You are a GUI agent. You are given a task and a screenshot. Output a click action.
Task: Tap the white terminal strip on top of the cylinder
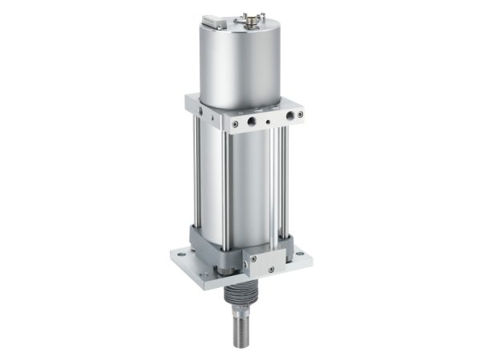coord(212,16)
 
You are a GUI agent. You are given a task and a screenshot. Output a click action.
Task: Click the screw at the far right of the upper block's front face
coord(301,114)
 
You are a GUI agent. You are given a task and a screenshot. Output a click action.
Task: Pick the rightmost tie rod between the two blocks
coord(283,180)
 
